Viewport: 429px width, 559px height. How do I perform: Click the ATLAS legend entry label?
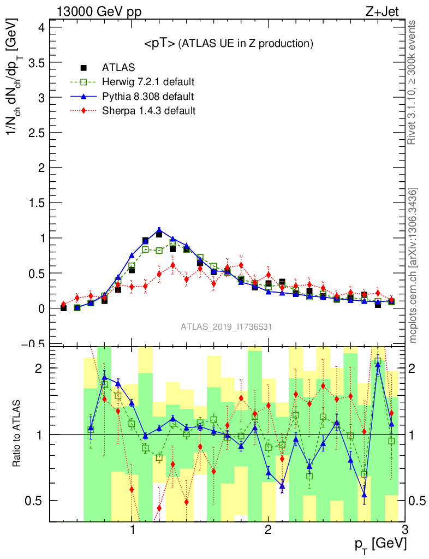pos(118,68)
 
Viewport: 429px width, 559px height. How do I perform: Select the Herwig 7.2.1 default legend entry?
pos(148,82)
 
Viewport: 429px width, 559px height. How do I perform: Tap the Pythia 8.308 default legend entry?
pos(148,97)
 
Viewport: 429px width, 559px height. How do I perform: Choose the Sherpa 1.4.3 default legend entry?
pos(148,111)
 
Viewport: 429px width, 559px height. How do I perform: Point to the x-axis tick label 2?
pos(268,530)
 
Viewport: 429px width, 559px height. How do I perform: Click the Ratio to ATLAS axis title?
pos(17,433)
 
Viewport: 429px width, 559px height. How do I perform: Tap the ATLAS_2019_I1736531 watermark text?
pos(227,327)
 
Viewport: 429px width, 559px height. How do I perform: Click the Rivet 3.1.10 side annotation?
pos(413,82)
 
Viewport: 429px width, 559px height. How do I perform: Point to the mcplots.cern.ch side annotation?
pos(413,265)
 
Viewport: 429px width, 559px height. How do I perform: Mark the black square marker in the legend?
pos(84,68)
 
